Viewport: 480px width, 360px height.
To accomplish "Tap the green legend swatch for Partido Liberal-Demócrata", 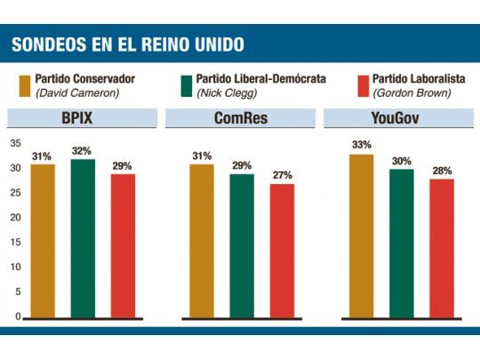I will pyautogui.click(x=186, y=84).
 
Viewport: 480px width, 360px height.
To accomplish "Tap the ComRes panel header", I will pyautogui.click(x=240, y=117).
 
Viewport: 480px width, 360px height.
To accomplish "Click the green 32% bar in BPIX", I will pyautogui.click(x=83, y=238).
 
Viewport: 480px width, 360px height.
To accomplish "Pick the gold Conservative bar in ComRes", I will pyautogui.click(x=202, y=240).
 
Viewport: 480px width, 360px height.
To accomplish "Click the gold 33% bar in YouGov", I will pyautogui.click(x=361, y=236).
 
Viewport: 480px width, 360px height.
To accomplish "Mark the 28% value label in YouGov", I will pyautogui.click(x=441, y=170).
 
